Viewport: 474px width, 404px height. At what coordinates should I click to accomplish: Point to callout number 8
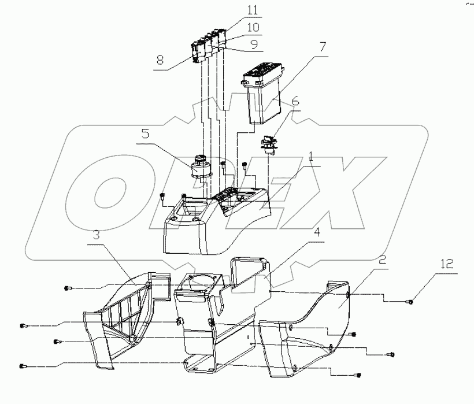tap(160, 60)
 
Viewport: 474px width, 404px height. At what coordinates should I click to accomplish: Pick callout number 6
tap(295, 101)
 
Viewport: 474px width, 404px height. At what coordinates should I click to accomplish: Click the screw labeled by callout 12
tap(410, 301)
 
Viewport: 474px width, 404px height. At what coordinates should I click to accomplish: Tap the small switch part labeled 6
tap(270, 144)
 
